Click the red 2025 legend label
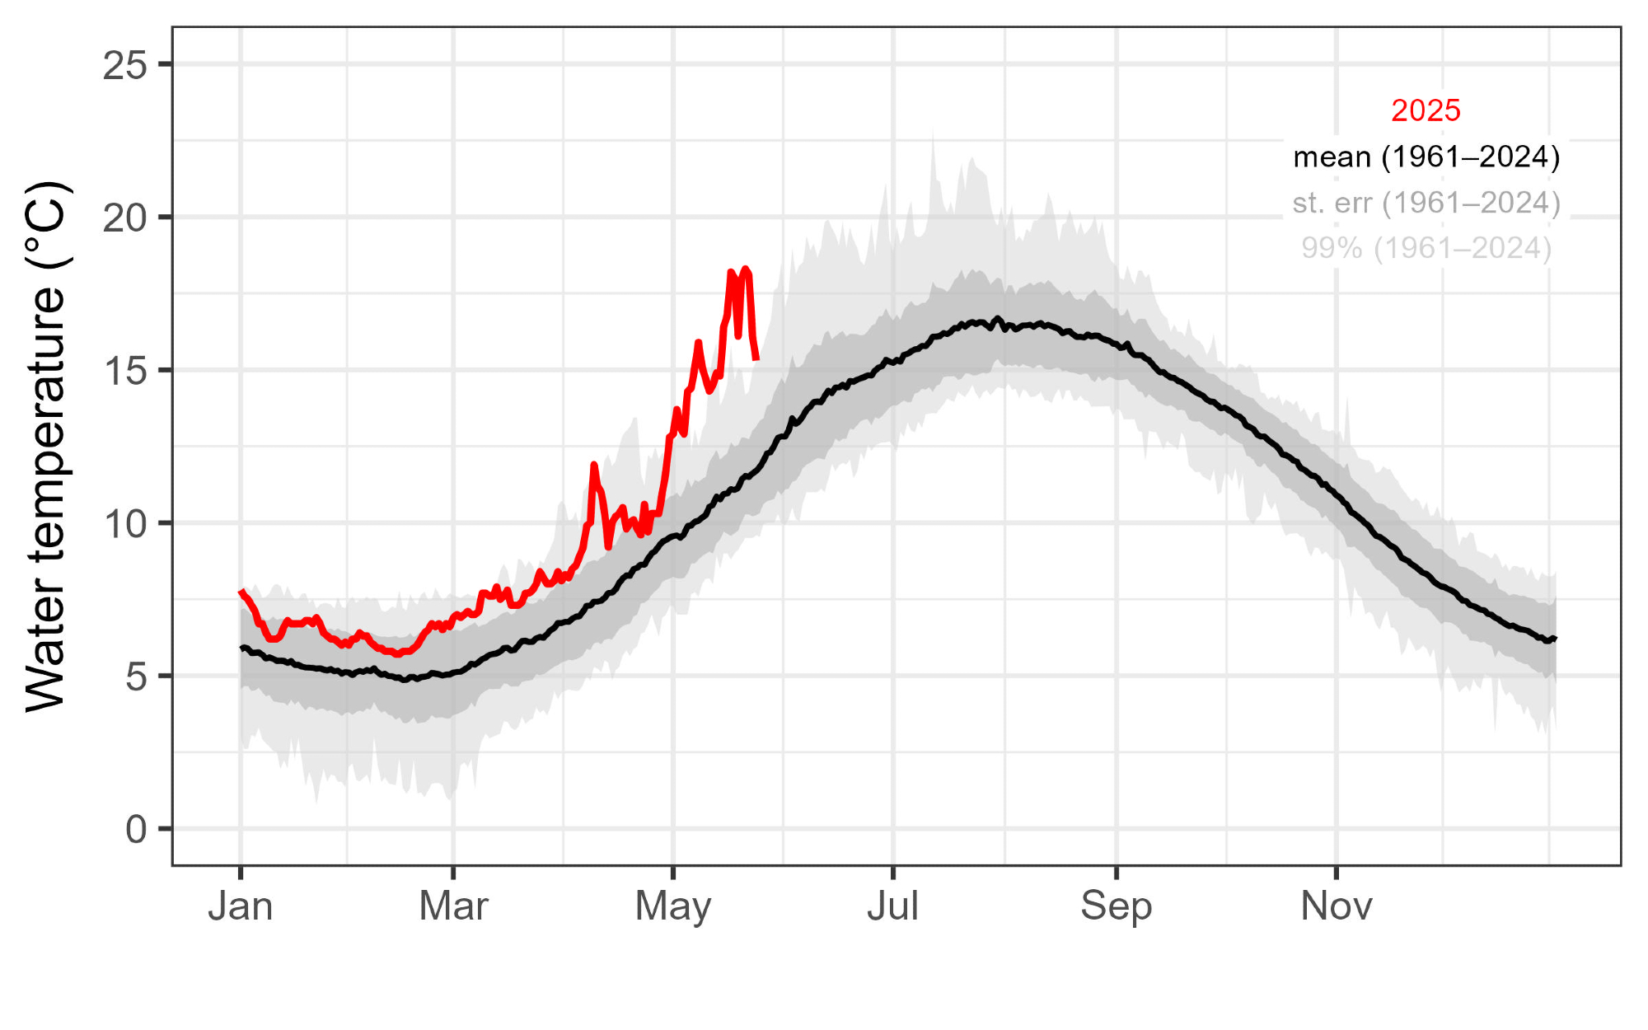click(1426, 110)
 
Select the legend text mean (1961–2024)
click(1426, 157)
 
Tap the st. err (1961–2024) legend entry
click(1426, 203)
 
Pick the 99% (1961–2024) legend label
click(1426, 248)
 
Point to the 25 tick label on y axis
click(124, 65)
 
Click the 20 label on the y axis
click(124, 218)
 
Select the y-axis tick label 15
click(124, 372)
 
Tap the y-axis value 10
click(124, 524)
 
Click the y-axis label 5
click(136, 677)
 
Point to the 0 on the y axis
click(136, 830)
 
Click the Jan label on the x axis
click(240, 906)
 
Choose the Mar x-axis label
click(453, 906)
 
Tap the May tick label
click(673, 906)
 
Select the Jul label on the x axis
click(892, 906)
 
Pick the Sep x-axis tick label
click(1116, 906)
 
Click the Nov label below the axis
click(1336, 906)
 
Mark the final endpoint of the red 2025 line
click(756, 358)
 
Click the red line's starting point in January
click(241, 592)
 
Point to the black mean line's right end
click(1554, 639)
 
